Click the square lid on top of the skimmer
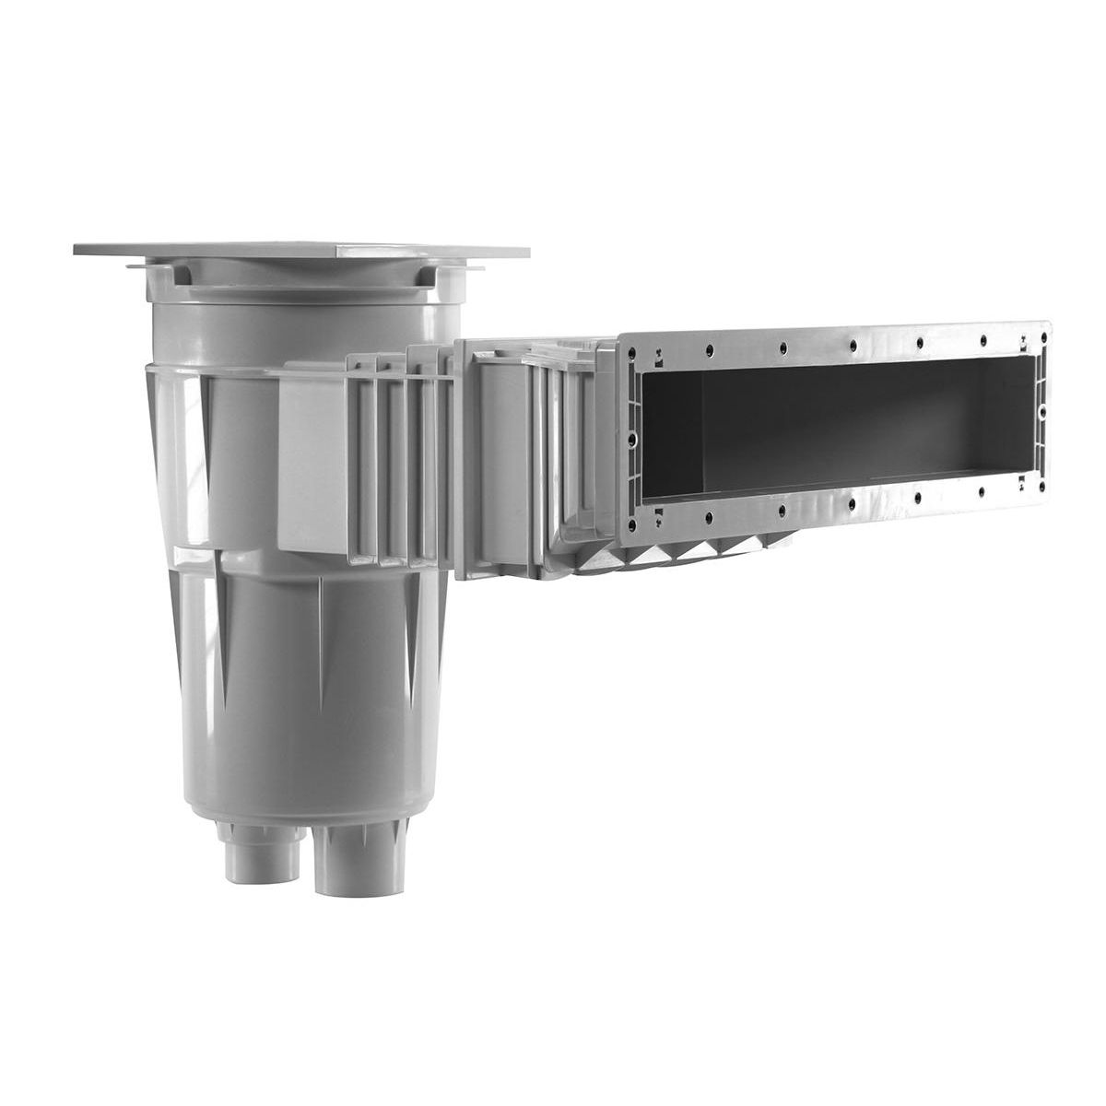point(304,251)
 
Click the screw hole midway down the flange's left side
point(633,441)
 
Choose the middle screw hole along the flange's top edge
point(853,345)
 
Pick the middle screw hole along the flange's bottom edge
point(852,502)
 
